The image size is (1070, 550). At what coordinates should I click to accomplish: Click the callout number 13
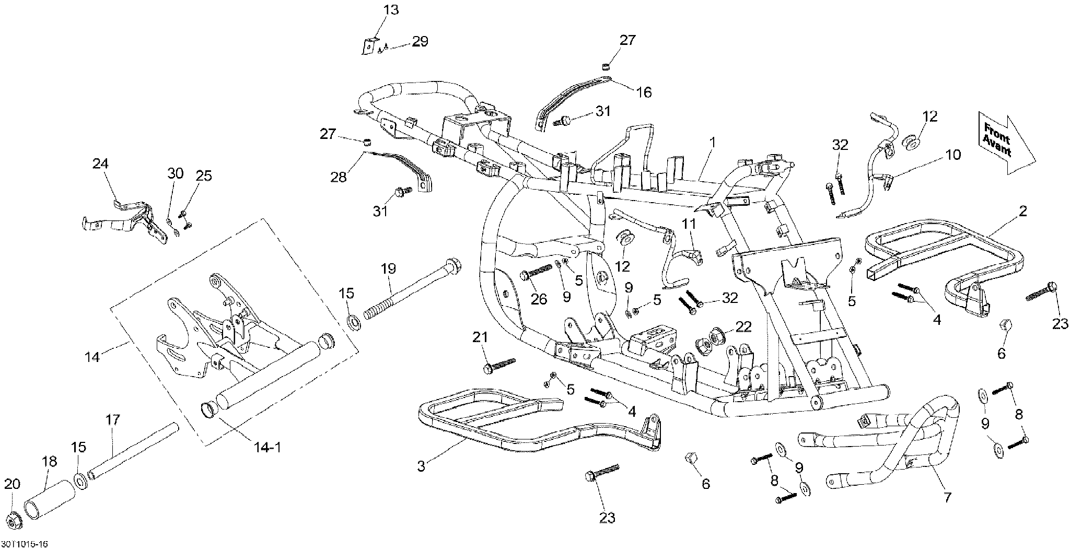pyautogui.click(x=391, y=9)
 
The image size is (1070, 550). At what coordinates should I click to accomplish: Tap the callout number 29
pyautogui.click(x=420, y=42)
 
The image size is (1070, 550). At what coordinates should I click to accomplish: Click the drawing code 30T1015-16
pyautogui.click(x=25, y=544)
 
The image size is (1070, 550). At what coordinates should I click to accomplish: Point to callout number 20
pyautogui.click(x=12, y=484)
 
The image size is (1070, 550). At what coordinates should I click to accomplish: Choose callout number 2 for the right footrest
pyautogui.click(x=1022, y=211)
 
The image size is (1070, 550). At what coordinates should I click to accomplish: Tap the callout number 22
pyautogui.click(x=743, y=327)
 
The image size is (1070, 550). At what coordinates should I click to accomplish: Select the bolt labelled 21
pyautogui.click(x=500, y=364)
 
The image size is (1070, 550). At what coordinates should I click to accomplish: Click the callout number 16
pyautogui.click(x=644, y=92)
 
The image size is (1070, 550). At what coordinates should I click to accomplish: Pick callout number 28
pyautogui.click(x=339, y=178)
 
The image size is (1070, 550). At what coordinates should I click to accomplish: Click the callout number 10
pyautogui.click(x=953, y=155)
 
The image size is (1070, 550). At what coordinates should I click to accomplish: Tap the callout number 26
pyautogui.click(x=539, y=299)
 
